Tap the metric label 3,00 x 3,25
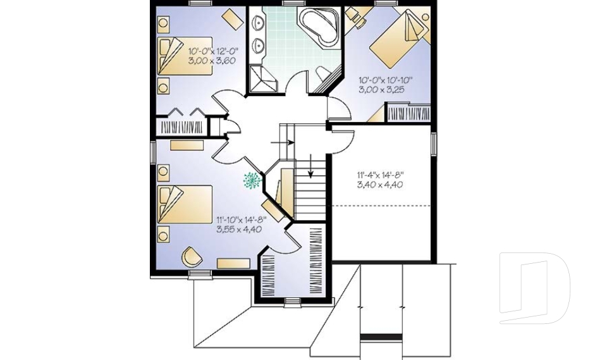(384, 90)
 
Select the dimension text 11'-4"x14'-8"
(381, 175)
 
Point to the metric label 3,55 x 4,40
(239, 230)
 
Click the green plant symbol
(253, 180)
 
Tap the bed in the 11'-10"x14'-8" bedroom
(183, 204)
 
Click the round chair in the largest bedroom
(192, 257)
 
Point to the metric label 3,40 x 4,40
(381, 185)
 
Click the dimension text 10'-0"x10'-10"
(386, 80)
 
